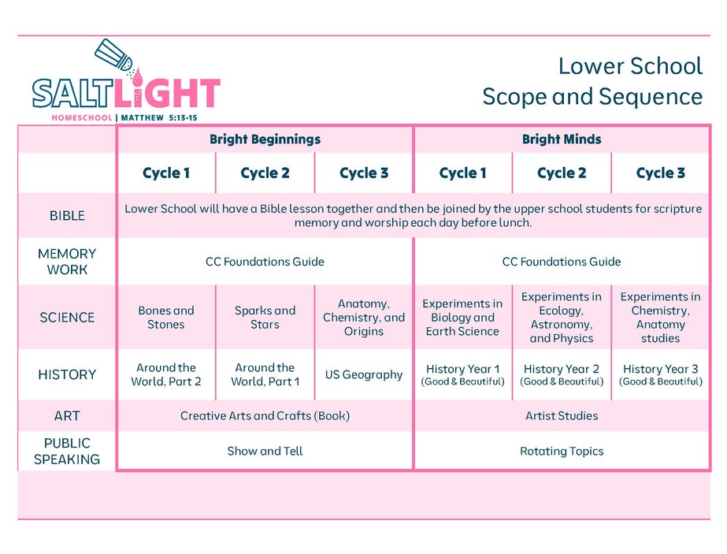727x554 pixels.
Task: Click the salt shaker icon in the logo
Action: click(x=114, y=55)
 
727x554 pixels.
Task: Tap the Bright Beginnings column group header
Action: click(x=265, y=139)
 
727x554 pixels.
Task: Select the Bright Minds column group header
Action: click(x=562, y=139)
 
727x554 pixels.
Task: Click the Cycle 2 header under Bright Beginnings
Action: click(x=265, y=173)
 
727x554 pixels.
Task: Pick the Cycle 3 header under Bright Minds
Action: click(x=660, y=173)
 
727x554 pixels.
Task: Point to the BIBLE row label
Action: click(x=67, y=216)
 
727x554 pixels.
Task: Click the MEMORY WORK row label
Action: click(x=67, y=262)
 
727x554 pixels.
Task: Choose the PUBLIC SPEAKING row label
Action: click(x=67, y=451)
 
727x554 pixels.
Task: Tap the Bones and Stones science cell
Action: click(x=166, y=318)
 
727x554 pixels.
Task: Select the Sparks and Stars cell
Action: click(x=265, y=318)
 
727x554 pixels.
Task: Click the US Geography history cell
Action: click(x=364, y=374)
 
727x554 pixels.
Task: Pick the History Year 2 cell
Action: click(x=562, y=375)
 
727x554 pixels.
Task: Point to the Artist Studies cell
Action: click(x=562, y=416)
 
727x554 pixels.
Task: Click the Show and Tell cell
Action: click(x=265, y=451)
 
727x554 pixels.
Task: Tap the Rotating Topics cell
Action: click(x=562, y=451)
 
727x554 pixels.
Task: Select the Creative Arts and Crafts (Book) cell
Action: click(x=265, y=416)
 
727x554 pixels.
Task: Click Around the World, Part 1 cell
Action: click(x=265, y=374)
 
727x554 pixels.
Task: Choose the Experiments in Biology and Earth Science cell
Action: click(x=462, y=318)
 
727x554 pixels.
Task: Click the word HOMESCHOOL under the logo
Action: click(x=82, y=118)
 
